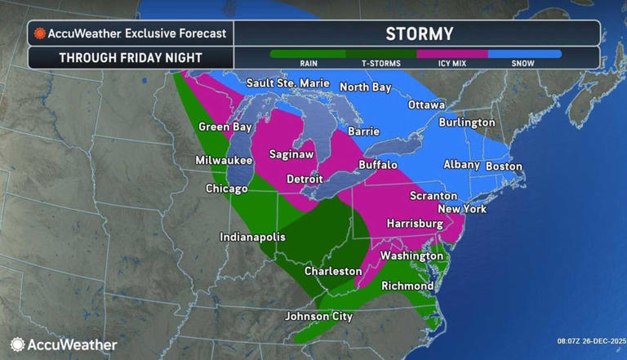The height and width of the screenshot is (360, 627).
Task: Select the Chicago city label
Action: point(226,189)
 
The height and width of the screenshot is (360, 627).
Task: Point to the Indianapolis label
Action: point(252,237)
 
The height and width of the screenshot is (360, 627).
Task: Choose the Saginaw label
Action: point(291,154)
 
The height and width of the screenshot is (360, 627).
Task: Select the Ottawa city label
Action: point(427,105)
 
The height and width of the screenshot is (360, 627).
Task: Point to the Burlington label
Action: point(466,122)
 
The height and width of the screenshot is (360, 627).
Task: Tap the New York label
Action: point(462,209)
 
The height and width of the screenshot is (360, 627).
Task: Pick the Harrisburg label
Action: point(414,224)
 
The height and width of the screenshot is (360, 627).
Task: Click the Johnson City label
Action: point(318,316)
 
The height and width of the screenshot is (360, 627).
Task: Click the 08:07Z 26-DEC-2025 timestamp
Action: point(589,340)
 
